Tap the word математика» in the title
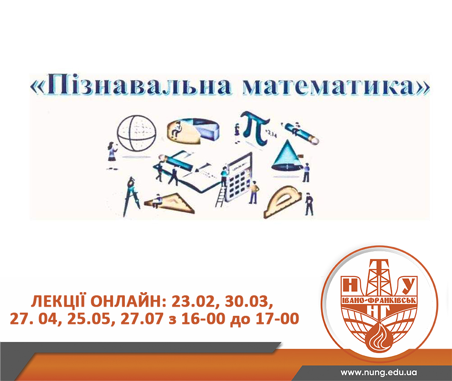(336, 86)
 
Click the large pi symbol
(256, 128)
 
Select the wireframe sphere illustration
(136, 133)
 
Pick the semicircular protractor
(282, 202)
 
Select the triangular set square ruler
(170, 203)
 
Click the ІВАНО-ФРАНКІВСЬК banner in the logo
(379, 300)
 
